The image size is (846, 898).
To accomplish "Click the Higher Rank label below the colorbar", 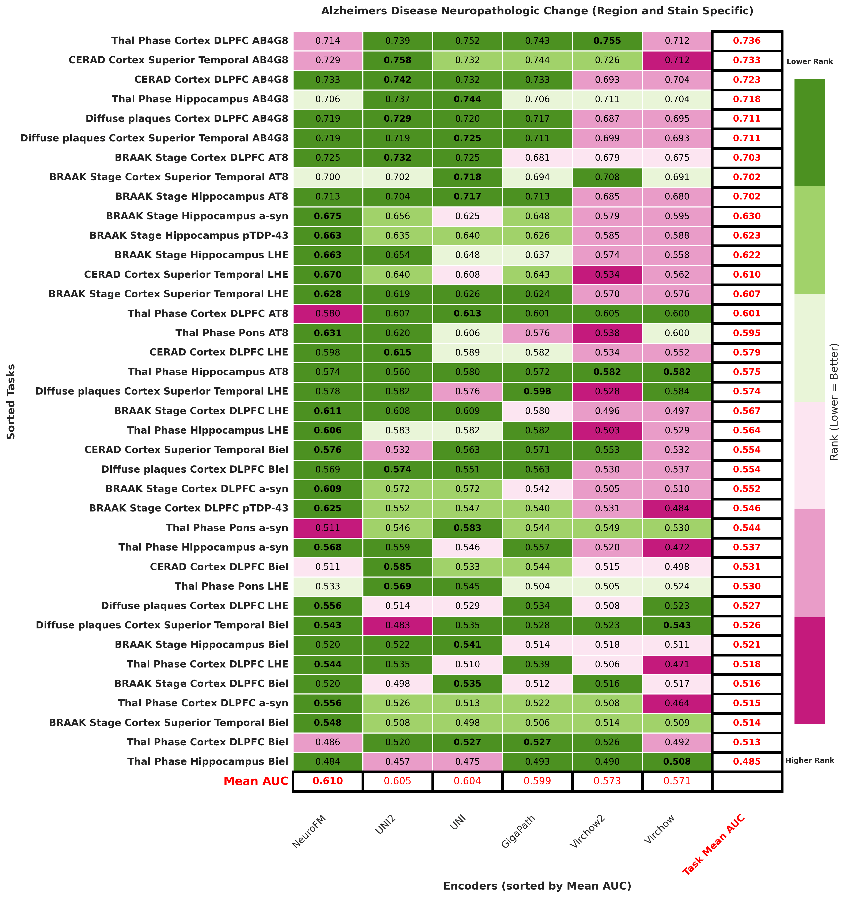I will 809,761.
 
